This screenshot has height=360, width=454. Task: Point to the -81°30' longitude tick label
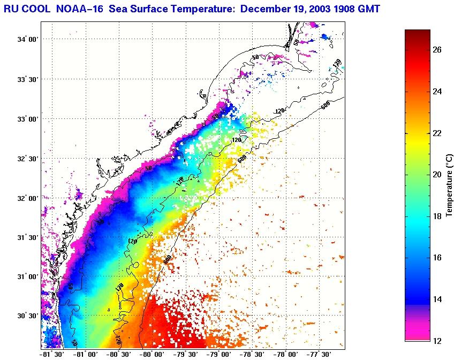tap(52, 354)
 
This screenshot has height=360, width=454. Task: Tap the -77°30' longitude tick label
tap(319, 354)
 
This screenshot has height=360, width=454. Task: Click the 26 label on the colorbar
tap(437, 50)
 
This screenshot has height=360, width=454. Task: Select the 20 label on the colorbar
tap(437, 175)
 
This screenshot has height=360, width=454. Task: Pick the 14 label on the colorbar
tap(437, 299)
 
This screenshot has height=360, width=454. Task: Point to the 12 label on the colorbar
tap(437, 341)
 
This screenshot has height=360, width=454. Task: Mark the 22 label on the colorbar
tap(437, 133)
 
